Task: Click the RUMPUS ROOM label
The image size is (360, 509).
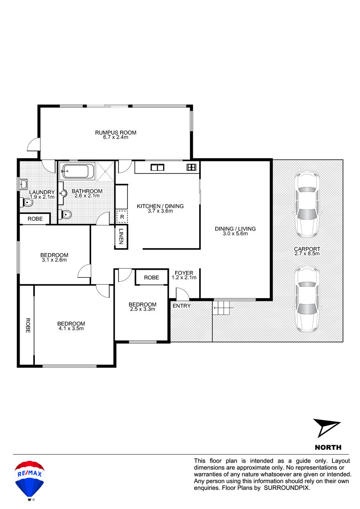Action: pos(116,132)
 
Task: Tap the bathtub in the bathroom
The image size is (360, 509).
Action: pos(77,171)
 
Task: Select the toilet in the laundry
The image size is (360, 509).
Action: pos(27,202)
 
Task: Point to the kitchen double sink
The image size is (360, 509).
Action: pos(158,168)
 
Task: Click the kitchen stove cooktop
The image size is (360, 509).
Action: pos(192,167)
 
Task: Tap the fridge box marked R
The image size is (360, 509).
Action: pos(122,216)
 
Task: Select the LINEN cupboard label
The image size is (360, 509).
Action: pos(121,236)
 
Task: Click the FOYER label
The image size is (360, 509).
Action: pos(184,273)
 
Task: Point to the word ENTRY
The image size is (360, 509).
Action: pos(182,306)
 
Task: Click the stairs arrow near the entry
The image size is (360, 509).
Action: pos(224,308)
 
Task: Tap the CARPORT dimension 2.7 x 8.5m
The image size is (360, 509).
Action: pos(307,254)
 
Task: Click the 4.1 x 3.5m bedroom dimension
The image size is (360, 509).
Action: pos(71,329)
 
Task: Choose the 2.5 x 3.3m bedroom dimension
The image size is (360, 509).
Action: pos(142,309)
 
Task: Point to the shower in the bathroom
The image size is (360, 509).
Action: pos(105,171)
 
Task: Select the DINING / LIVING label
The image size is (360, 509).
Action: pos(235,228)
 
